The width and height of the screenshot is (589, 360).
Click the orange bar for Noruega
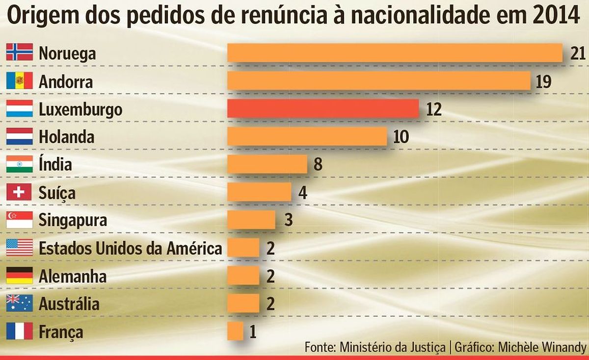[x=394, y=53]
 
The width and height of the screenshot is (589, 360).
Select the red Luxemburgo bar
[x=322, y=109]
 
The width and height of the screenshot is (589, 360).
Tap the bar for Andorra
[x=378, y=81]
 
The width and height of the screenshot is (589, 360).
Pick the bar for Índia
[x=267, y=164]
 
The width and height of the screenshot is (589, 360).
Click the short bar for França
[x=235, y=332]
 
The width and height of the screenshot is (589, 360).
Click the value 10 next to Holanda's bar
[x=401, y=137]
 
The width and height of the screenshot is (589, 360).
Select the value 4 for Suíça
[x=303, y=193]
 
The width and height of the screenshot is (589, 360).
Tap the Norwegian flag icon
[x=19, y=52]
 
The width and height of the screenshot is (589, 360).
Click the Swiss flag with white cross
[x=19, y=192]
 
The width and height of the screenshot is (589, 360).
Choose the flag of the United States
[x=19, y=248]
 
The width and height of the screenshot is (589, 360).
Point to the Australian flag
[x=19, y=304]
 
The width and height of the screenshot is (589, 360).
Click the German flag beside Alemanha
[x=19, y=276]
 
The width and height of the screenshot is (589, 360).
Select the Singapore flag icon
[x=19, y=220]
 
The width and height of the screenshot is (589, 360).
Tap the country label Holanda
[x=66, y=137]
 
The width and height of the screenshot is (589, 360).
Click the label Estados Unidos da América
[x=130, y=248]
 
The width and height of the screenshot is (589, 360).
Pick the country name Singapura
[x=73, y=220]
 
